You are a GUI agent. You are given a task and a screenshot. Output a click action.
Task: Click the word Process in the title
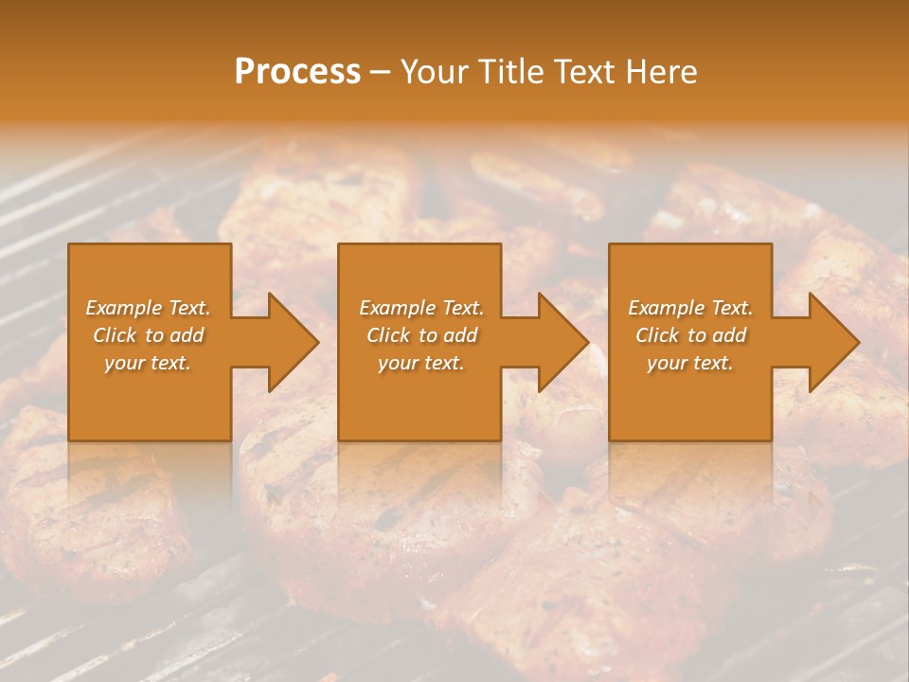click(x=297, y=72)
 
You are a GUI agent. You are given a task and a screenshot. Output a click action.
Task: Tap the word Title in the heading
click(x=510, y=72)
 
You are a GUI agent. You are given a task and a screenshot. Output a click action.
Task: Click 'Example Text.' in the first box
click(x=148, y=308)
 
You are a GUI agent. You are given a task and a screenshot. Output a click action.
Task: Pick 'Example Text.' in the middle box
click(x=421, y=308)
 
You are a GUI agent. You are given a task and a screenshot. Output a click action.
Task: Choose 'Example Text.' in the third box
click(x=690, y=308)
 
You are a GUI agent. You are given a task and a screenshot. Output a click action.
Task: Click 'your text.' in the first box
click(x=148, y=363)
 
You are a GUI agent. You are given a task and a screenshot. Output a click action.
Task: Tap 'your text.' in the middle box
click(x=421, y=363)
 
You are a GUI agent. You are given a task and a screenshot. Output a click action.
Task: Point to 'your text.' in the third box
click(x=690, y=363)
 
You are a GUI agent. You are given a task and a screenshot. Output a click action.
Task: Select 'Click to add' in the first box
click(x=148, y=335)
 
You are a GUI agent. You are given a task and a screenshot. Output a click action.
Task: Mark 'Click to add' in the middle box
click(x=421, y=335)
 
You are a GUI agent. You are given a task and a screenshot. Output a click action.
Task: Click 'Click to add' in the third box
click(x=690, y=335)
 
